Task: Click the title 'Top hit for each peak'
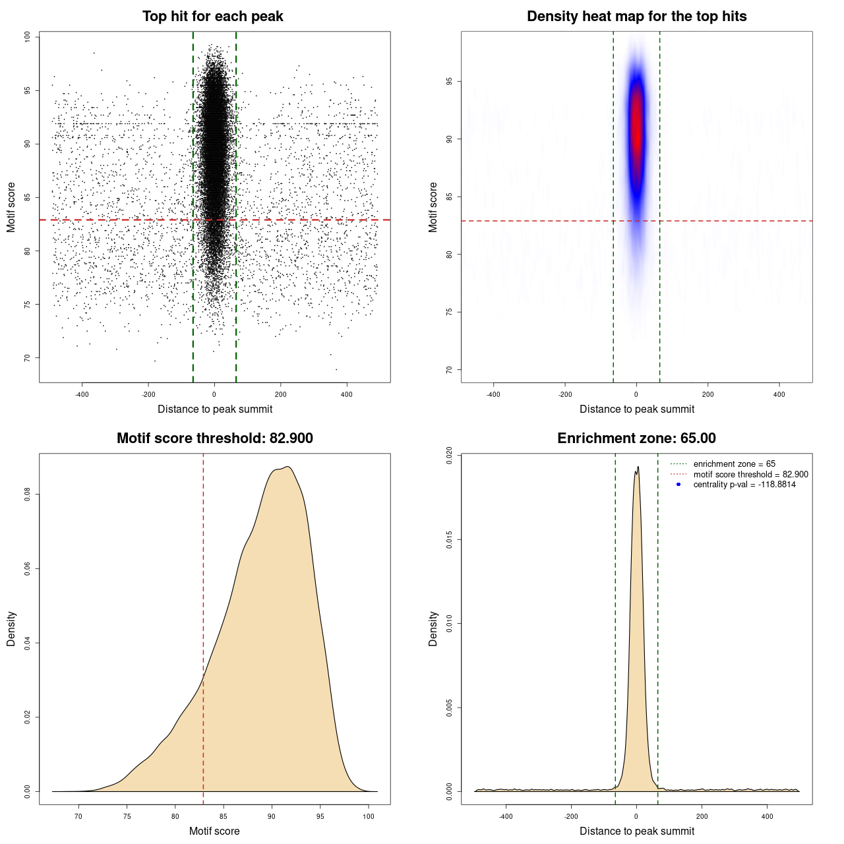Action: click(x=212, y=16)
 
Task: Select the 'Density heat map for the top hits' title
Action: click(x=636, y=16)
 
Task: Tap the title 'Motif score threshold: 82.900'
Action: click(x=214, y=438)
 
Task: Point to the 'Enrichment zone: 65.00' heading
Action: click(x=636, y=438)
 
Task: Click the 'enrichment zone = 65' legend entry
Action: click(x=734, y=464)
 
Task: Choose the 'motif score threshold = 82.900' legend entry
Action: click(x=750, y=474)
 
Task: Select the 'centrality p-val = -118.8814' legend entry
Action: click(x=744, y=485)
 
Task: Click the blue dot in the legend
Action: click(x=678, y=485)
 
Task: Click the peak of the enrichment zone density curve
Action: click(x=638, y=467)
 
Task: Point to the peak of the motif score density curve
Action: click(x=287, y=467)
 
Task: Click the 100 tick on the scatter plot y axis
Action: click(x=27, y=37)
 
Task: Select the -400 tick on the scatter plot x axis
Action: click(x=82, y=394)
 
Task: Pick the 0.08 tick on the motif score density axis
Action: click(x=27, y=495)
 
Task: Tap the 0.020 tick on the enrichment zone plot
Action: click(x=449, y=456)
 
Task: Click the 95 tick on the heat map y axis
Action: click(x=449, y=82)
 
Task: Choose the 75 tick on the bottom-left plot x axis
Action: click(x=127, y=816)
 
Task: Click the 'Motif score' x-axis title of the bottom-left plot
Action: click(x=214, y=831)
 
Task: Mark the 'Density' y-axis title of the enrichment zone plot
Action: click(x=433, y=628)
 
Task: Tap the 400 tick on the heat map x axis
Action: click(x=779, y=394)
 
